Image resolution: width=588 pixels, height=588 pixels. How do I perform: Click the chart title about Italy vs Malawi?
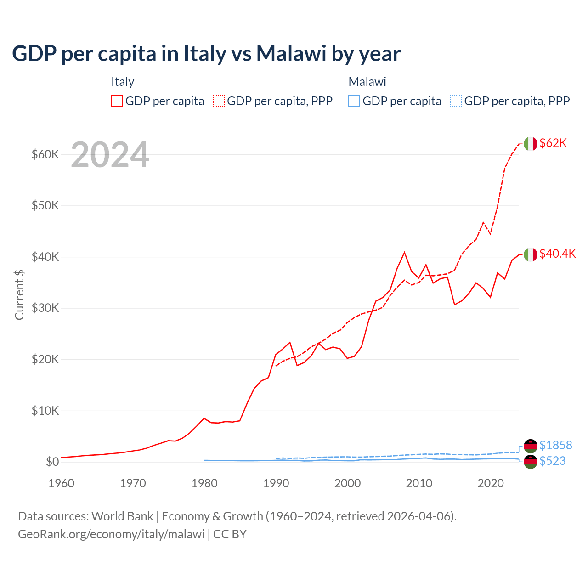(206, 53)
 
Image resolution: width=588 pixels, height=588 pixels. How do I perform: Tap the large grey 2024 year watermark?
(110, 155)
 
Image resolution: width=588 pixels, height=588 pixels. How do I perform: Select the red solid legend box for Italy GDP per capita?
(117, 101)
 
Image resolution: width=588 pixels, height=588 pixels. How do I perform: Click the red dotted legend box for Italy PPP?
(219, 101)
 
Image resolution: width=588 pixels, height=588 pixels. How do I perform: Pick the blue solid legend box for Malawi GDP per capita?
(354, 101)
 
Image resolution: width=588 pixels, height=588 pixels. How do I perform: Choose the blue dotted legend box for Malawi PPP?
(456, 101)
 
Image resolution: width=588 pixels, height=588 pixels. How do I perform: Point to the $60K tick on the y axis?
(45, 154)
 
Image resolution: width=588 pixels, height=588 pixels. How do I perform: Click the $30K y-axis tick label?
(45, 308)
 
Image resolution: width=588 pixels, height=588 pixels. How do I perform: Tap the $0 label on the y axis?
(52, 462)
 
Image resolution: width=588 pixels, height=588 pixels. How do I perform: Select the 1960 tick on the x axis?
(61, 483)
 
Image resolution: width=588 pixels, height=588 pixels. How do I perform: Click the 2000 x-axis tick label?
(347, 483)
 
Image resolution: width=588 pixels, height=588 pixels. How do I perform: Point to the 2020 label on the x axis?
(491, 483)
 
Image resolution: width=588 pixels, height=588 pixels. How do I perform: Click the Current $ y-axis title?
(19, 294)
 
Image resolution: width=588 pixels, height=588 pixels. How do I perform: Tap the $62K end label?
(553, 143)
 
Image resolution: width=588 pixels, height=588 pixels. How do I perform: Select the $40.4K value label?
(557, 254)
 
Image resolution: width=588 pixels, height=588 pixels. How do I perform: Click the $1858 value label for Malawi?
(555, 445)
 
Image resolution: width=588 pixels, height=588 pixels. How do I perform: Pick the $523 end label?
(552, 461)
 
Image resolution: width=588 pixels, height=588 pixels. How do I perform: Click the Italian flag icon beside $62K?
(531, 144)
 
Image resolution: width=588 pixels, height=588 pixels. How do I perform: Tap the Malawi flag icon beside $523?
(531, 462)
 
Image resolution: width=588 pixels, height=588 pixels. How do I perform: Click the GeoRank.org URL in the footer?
(111, 534)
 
